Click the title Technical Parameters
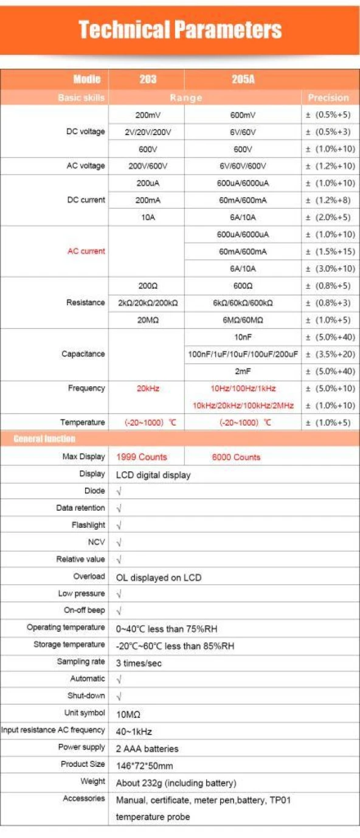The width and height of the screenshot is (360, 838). coord(180,29)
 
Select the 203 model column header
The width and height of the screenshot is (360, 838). coord(148,79)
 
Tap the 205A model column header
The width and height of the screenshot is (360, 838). coord(243,79)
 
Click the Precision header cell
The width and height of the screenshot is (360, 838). coord(328,97)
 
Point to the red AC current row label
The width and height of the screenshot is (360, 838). coord(86,251)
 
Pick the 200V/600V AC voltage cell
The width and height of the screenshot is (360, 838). coord(148,166)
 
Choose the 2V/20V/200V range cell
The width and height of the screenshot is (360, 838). coord(148,132)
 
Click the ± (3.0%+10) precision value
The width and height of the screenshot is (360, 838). coord(330,268)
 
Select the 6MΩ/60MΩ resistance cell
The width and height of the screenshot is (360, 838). coord(243,320)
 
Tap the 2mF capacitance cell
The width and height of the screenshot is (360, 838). coord(243,371)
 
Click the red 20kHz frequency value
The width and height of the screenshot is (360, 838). coord(148,388)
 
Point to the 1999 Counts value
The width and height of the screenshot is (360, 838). coord(142,457)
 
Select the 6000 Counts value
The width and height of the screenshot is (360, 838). coord(236,457)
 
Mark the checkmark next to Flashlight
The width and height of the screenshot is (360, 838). coord(119,525)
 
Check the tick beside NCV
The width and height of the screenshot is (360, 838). coord(119,542)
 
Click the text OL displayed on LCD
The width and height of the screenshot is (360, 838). coord(158,577)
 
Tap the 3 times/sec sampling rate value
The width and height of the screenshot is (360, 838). coord(139,663)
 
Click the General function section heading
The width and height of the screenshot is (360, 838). coord(44,439)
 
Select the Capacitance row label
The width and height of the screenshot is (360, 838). coord(83,354)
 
